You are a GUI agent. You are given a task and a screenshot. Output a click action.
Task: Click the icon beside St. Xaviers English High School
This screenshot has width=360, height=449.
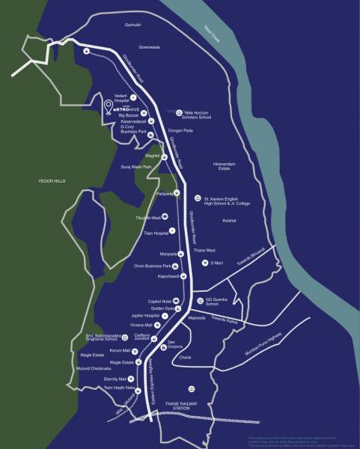pos(197,198)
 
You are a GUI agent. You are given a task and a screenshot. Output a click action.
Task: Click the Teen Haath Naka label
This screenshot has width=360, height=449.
pos(119,388)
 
